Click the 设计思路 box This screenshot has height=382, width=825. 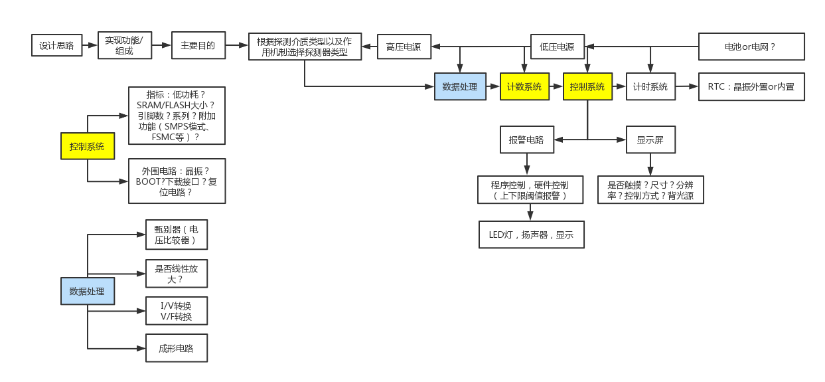[56, 46]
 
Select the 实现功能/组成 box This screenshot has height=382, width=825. [124, 46]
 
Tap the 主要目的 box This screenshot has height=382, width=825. [198, 46]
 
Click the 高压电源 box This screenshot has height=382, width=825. [404, 47]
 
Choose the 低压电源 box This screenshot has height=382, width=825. [557, 47]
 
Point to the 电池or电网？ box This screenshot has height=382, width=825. [751, 47]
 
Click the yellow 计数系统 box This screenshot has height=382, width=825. [524, 86]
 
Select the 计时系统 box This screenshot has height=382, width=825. [650, 86]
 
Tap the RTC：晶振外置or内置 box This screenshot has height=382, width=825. [751, 86]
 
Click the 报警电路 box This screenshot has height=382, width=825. [526, 140]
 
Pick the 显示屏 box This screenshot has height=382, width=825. [650, 140]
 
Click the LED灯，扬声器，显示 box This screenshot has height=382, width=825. [531, 235]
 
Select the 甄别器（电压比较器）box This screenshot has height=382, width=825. [176, 235]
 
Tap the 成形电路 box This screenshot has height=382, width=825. [176, 348]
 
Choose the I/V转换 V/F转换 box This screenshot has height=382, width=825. [176, 311]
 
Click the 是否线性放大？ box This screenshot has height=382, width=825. [176, 273]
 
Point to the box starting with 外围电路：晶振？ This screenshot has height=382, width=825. [176, 181]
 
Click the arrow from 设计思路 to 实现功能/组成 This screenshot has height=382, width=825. [90, 46]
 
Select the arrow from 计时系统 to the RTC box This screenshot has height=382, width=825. [687, 86]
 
